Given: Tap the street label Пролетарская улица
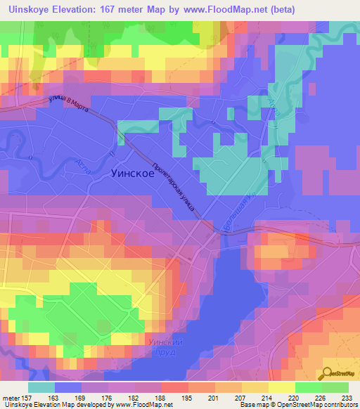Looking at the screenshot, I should [x=185, y=186].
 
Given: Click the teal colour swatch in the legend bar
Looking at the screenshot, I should [x=41, y=387].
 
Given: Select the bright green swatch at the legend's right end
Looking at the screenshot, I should [x=335, y=387].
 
